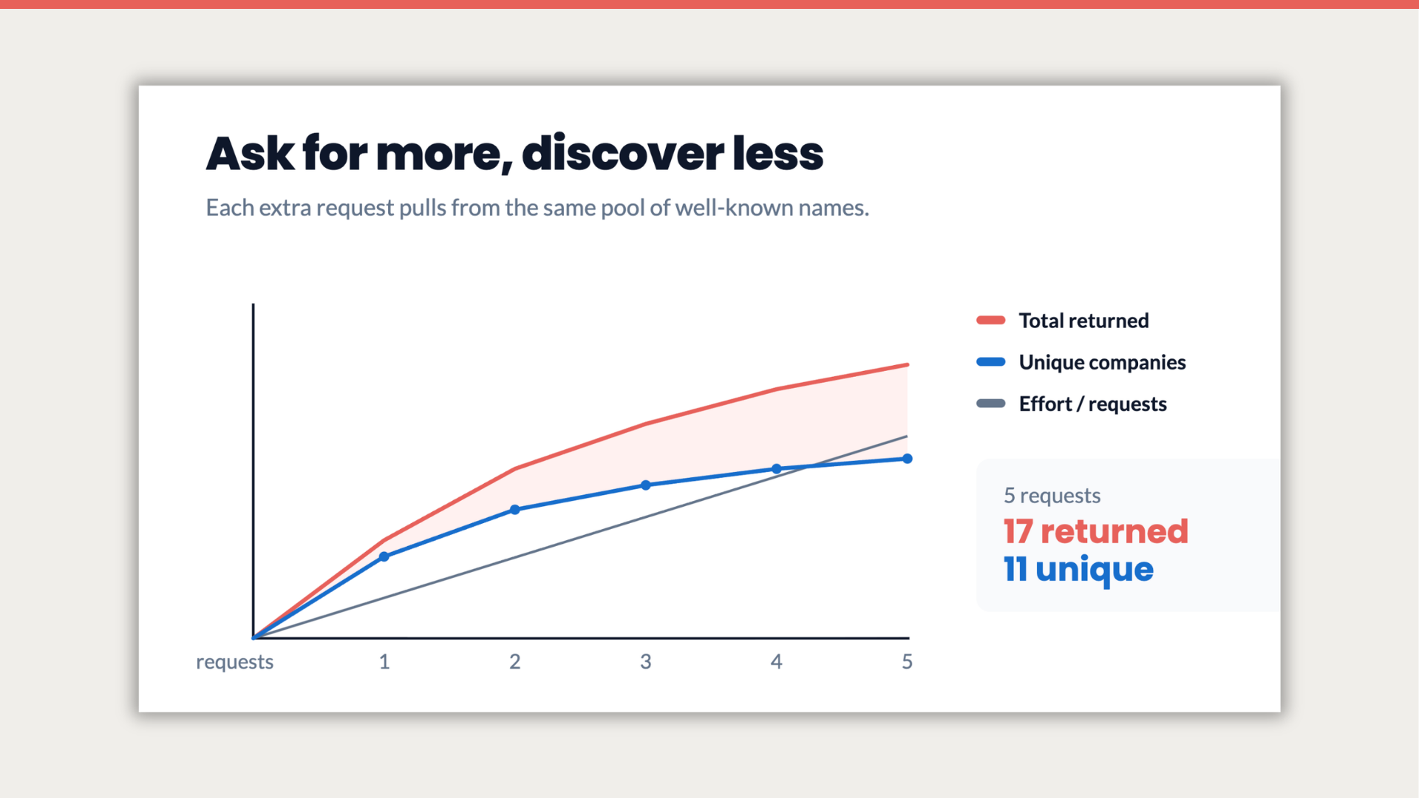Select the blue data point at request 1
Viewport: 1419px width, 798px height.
(x=384, y=556)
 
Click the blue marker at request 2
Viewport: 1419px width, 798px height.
(x=515, y=510)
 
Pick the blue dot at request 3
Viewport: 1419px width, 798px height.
(x=646, y=485)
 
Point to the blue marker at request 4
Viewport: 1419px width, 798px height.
(x=777, y=469)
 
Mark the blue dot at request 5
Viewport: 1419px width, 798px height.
(x=908, y=459)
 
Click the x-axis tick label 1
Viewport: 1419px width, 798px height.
(x=384, y=661)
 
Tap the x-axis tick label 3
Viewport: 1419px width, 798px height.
(x=646, y=661)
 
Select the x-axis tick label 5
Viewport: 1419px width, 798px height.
(x=908, y=661)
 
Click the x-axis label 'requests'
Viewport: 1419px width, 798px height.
(x=234, y=662)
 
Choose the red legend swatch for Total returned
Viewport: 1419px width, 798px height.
(x=991, y=320)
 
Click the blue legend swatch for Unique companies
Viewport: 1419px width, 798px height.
(x=991, y=362)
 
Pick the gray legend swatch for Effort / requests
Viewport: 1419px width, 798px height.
(x=991, y=403)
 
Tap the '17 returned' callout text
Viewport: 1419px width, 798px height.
(x=1096, y=531)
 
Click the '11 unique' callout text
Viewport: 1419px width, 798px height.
(x=1078, y=570)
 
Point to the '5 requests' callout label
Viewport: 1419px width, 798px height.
(x=1052, y=496)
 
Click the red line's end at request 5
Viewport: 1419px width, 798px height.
(x=908, y=364)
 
